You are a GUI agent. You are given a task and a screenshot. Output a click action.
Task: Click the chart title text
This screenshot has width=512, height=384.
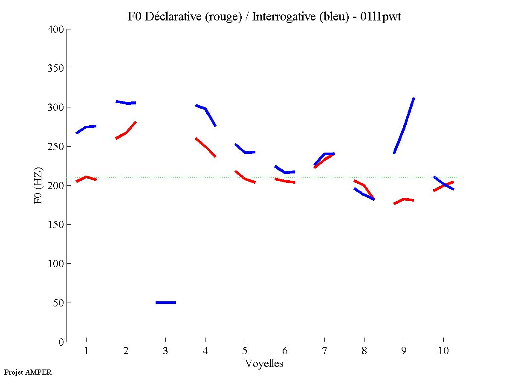(x=264, y=17)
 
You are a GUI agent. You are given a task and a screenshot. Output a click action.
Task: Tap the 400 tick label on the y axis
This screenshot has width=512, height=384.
(x=57, y=29)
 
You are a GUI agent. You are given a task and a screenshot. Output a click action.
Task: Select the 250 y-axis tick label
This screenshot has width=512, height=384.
(x=57, y=147)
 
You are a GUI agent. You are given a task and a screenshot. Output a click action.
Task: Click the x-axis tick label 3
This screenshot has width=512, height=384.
(x=165, y=351)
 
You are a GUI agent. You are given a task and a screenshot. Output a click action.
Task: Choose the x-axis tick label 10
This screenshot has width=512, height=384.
(x=443, y=351)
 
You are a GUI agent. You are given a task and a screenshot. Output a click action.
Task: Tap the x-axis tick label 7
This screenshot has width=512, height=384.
(x=324, y=351)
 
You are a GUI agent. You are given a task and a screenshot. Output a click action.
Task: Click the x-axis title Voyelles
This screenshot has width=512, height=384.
(x=264, y=364)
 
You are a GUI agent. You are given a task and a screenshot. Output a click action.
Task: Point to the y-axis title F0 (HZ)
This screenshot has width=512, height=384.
(x=38, y=185)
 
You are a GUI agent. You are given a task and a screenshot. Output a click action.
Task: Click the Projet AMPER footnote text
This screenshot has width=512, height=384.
(x=28, y=372)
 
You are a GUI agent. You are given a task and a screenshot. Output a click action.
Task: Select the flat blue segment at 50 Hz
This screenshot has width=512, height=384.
(x=166, y=303)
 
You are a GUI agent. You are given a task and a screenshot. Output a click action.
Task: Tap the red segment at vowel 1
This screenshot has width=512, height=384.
(x=87, y=177)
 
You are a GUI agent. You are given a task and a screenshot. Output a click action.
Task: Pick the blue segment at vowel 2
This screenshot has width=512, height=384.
(x=126, y=103)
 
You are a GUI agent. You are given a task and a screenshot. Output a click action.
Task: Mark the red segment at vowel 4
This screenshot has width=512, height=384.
(x=206, y=147)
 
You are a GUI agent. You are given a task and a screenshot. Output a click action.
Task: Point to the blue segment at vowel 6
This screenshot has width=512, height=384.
(x=285, y=172)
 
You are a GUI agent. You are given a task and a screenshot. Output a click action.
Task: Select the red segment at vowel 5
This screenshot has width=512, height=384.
(x=245, y=178)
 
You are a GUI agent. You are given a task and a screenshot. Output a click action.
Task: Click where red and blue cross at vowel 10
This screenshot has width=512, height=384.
(x=444, y=184)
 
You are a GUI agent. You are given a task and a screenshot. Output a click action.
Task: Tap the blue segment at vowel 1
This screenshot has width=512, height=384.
(x=87, y=127)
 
